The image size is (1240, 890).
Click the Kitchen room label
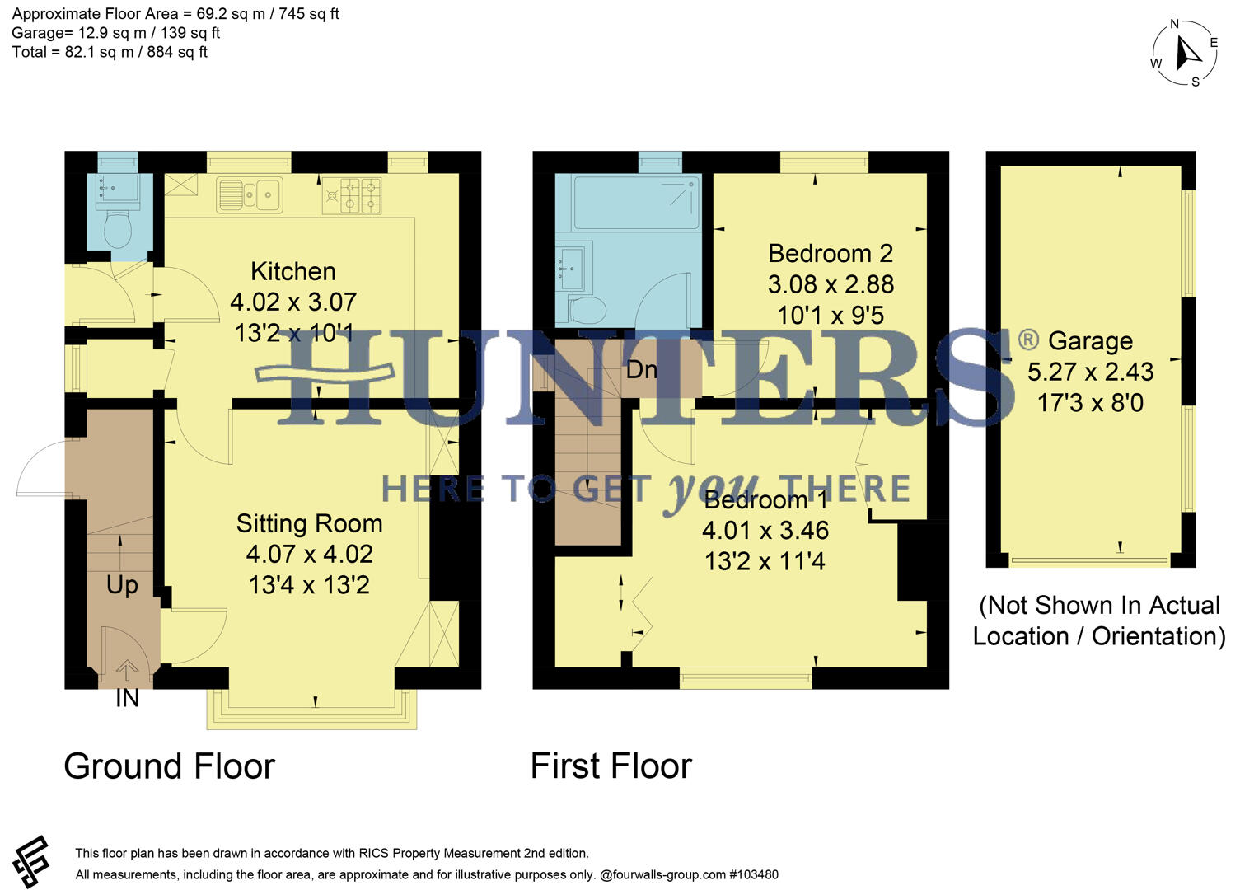(x=292, y=271)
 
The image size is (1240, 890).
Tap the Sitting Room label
(x=309, y=523)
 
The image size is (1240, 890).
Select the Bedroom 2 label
(x=830, y=253)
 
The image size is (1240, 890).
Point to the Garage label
(x=1089, y=340)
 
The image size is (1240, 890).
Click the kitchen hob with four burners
(x=352, y=196)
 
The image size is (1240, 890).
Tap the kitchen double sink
(x=250, y=194)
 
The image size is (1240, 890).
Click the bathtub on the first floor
(x=628, y=202)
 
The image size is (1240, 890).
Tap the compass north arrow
(x=1186, y=54)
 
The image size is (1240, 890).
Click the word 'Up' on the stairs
(x=122, y=585)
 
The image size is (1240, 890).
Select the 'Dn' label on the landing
(x=641, y=369)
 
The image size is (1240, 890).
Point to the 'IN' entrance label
(x=127, y=699)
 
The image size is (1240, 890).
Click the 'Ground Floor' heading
(x=169, y=766)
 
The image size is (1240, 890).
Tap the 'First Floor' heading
(x=611, y=766)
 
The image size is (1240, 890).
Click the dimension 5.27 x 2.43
(x=1089, y=372)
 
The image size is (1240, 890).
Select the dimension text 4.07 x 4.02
(x=309, y=554)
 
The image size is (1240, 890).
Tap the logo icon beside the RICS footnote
(x=31, y=862)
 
